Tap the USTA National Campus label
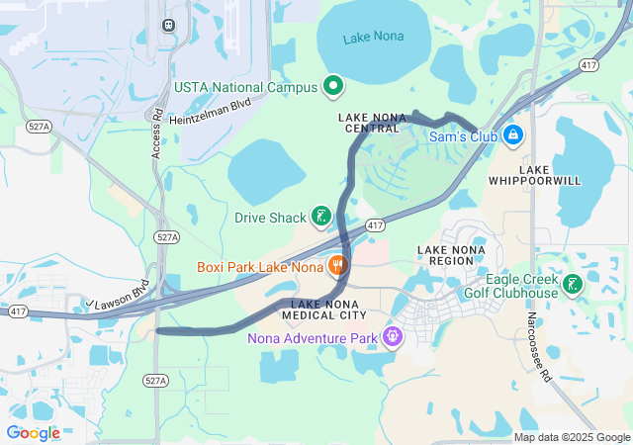pos(245,87)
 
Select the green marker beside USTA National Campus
pos(333,86)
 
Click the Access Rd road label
pos(156,133)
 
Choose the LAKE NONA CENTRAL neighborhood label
pos(369,123)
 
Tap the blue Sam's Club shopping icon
pos(512,134)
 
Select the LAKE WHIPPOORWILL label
pos(534,175)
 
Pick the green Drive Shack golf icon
pos(320,216)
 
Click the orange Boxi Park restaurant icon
pos(337,265)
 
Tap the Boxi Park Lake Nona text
pos(259,267)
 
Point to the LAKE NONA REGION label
pos(451,255)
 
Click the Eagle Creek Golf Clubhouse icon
pos(572,285)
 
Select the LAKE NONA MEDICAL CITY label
pos(324,309)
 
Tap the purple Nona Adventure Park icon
pos(393,337)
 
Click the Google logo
pos(33,432)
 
